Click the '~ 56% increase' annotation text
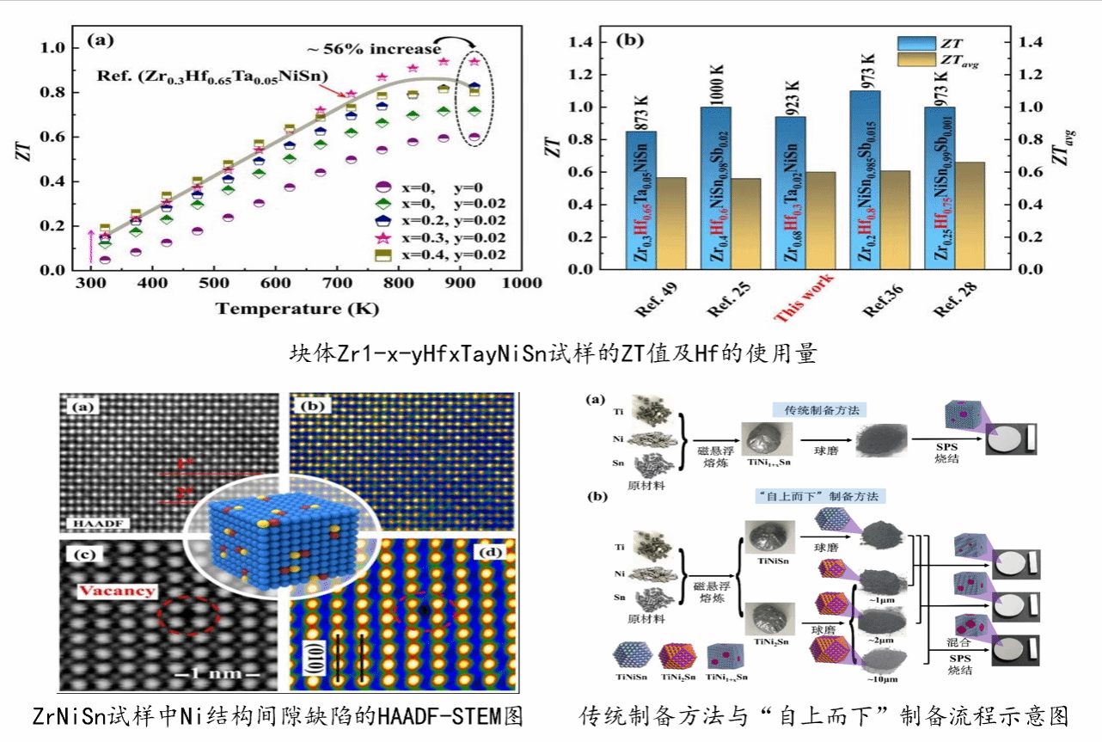(x=370, y=50)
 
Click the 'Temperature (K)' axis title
(x=297, y=308)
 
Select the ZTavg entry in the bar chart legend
(x=940, y=61)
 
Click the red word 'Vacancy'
(x=119, y=591)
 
